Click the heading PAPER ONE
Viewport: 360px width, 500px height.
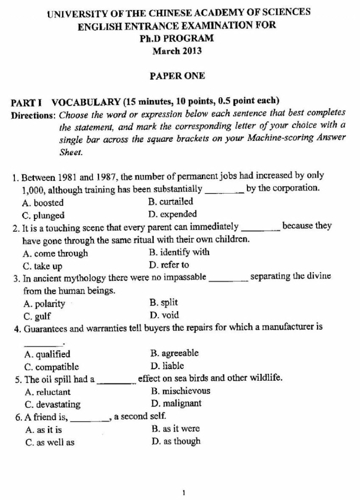click(x=177, y=76)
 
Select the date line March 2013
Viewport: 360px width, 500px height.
click(x=177, y=52)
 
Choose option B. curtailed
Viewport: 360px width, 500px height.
click(x=171, y=202)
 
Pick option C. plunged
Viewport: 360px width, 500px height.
click(x=44, y=215)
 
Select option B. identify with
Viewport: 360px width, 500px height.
click(x=179, y=252)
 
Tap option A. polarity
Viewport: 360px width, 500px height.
click(x=45, y=303)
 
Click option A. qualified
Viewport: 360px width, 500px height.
click(x=47, y=354)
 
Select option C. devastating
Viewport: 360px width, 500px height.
click(x=53, y=404)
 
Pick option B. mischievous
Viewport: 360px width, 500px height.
click(x=180, y=391)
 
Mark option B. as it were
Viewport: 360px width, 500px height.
click(x=175, y=429)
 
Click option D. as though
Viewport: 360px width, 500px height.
click(x=176, y=441)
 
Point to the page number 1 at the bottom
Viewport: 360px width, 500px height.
click(x=183, y=493)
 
